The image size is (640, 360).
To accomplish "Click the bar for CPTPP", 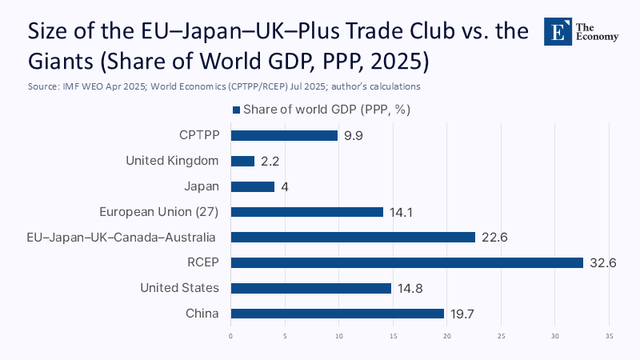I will [x=284, y=136].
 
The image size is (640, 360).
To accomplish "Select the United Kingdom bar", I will [x=242, y=161].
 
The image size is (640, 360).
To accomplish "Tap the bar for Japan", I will [x=253, y=186].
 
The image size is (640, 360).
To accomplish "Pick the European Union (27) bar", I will [x=307, y=212].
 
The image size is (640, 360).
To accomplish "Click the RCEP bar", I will [x=406, y=262].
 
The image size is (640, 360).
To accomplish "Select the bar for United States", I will [x=310, y=288].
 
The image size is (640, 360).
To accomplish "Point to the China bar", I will [x=337, y=314].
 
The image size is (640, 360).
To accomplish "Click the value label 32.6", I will [x=602, y=262].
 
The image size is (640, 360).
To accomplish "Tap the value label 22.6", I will [x=494, y=238].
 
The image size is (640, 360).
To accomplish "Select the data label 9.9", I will [x=353, y=136].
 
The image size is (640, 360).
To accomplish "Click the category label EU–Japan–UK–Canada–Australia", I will [x=110, y=238].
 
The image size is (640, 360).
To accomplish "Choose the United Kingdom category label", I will [x=173, y=161].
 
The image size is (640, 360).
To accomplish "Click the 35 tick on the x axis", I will [x=610, y=336].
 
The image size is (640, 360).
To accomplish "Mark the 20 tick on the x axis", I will [x=447, y=336].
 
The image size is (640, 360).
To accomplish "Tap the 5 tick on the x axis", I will [x=285, y=336].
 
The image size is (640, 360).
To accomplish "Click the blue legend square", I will [x=236, y=110].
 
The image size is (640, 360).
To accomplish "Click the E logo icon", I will [x=557, y=31].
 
